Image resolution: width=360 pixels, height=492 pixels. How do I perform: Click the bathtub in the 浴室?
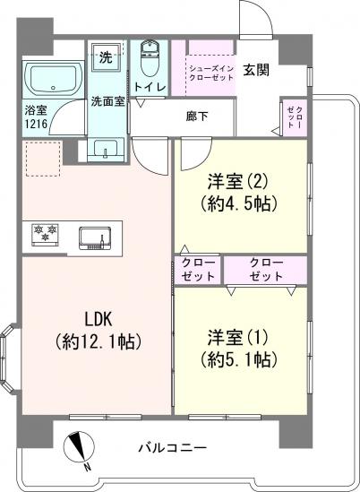click(x=54, y=79)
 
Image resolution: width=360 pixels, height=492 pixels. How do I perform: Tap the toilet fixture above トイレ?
click(x=150, y=58)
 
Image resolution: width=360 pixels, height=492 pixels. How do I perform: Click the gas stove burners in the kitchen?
click(x=46, y=234)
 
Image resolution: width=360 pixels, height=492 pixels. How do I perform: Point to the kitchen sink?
click(x=95, y=238)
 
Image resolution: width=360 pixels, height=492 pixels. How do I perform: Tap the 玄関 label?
click(x=256, y=70)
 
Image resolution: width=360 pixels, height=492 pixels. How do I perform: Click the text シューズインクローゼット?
click(x=210, y=73)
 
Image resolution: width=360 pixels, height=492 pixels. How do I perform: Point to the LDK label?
click(x=99, y=319)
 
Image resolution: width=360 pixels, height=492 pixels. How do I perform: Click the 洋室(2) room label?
click(x=237, y=182)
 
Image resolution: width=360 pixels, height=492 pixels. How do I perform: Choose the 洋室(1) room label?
click(x=237, y=338)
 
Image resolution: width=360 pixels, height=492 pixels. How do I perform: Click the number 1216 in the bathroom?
click(x=36, y=124)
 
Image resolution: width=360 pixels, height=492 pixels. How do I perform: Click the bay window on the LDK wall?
click(x=8, y=358)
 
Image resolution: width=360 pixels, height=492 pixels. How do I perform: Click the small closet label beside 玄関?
click(x=296, y=117)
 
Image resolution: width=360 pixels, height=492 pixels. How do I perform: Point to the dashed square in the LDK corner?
click(x=43, y=160)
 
